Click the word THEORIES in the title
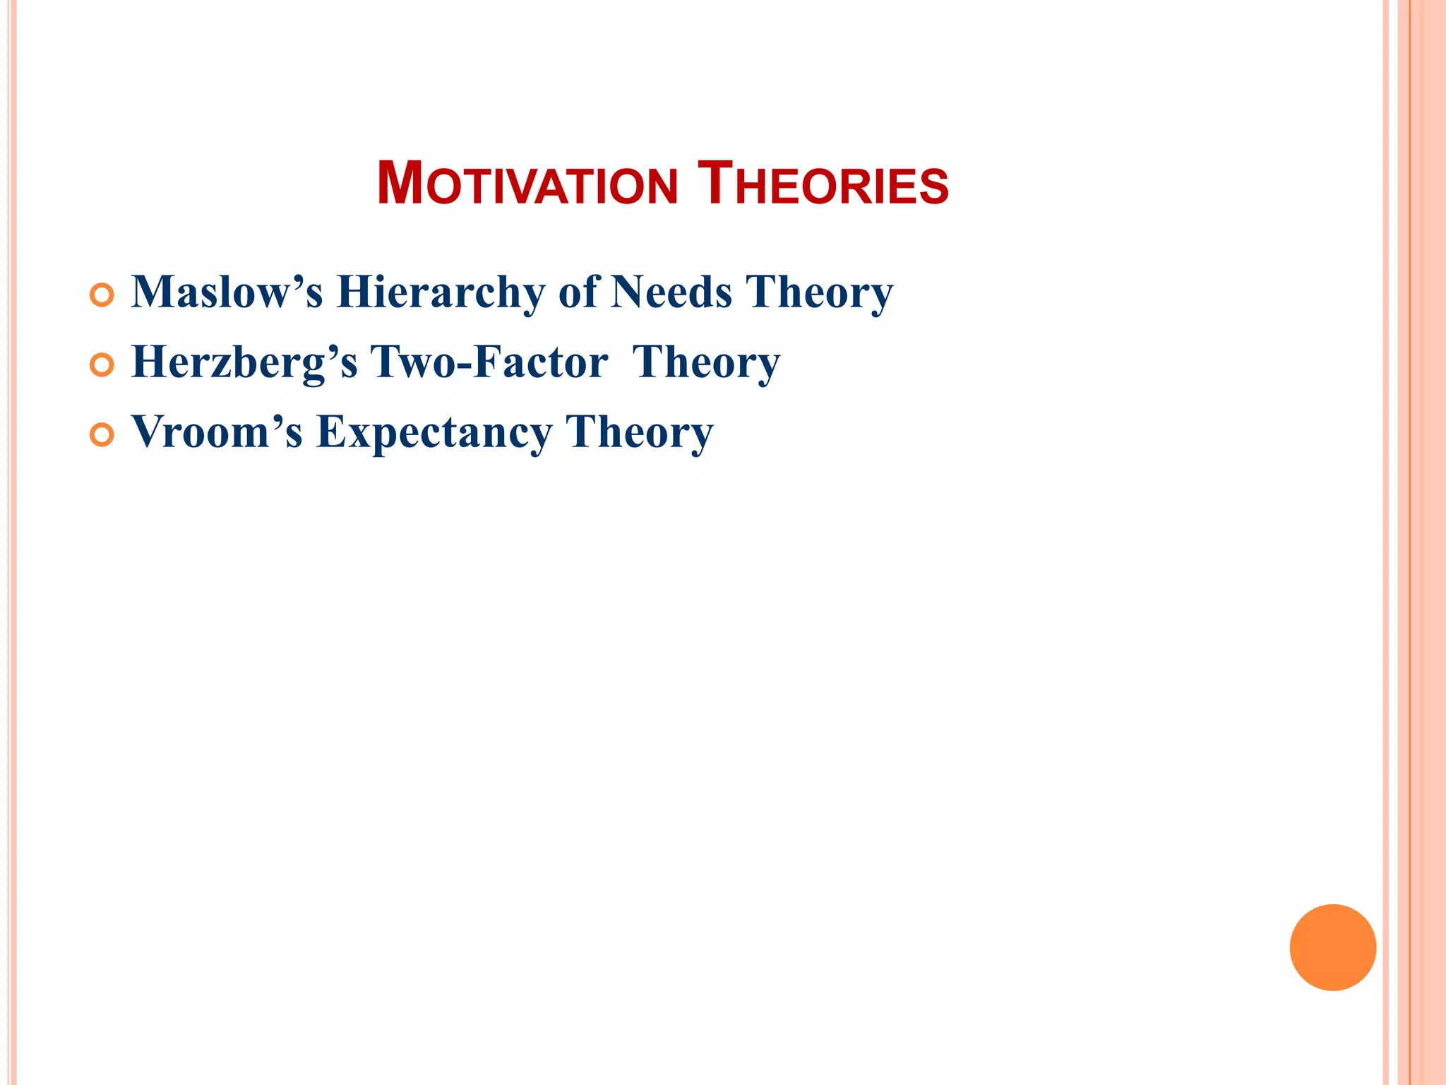[x=823, y=185]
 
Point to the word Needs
[x=671, y=292]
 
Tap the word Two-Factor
[x=489, y=362]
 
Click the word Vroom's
[x=217, y=432]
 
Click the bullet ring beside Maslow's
[x=102, y=295]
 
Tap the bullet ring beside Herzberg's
[x=102, y=365]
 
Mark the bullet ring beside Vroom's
[x=102, y=435]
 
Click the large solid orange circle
[x=1332, y=947]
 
